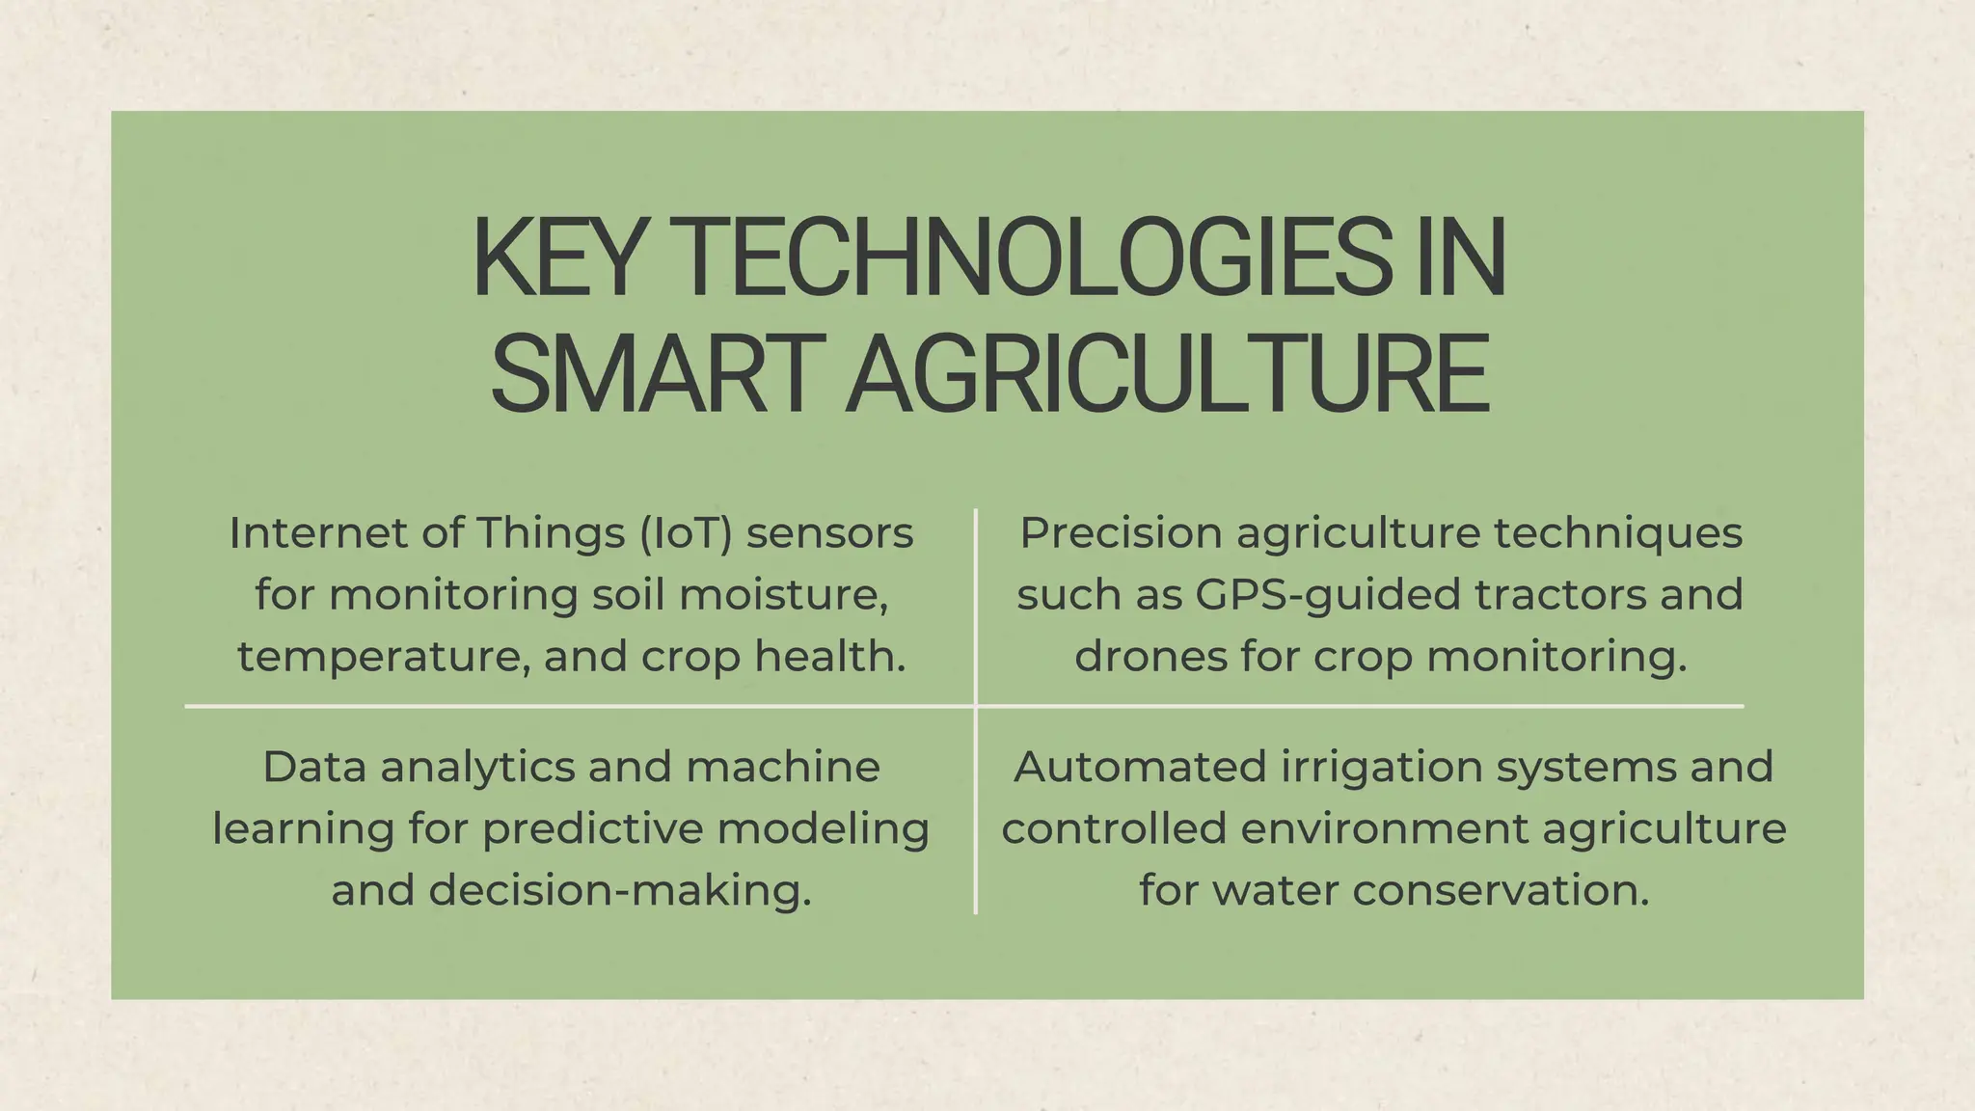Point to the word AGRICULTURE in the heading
tap(1167, 374)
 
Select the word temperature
tap(383, 657)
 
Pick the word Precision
tap(1120, 533)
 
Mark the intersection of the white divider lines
tap(976, 706)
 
